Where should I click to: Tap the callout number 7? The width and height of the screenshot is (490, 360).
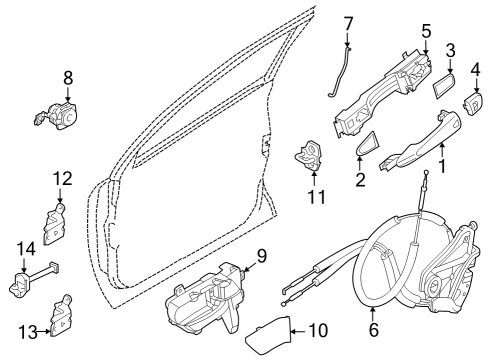[349, 22]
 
